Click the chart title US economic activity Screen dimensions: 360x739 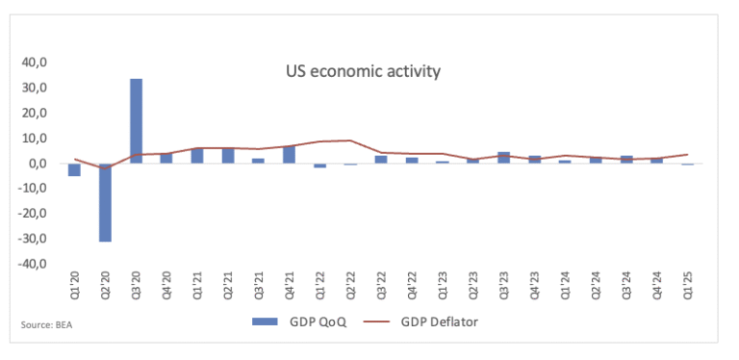363,71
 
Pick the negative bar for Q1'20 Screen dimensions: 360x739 75,169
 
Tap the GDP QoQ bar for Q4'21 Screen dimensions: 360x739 289,154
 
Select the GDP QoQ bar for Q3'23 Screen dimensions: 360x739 503,158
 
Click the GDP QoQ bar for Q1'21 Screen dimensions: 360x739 197,156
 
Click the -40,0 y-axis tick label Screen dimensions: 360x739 35,264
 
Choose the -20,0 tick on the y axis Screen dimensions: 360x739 35,214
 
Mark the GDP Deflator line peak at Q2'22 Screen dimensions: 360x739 350,141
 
